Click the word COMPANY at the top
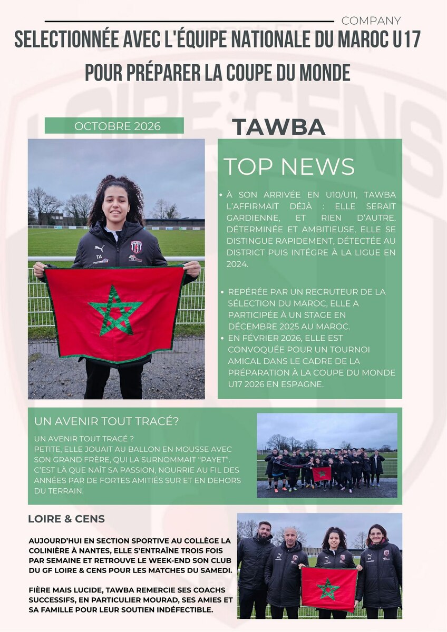point(371,21)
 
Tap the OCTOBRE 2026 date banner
point(114,126)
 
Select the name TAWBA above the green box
point(278,127)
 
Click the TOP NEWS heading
point(289,166)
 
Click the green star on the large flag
point(115,311)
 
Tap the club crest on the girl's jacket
point(136,247)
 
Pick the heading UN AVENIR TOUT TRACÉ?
point(106,422)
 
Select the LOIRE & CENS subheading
point(66,519)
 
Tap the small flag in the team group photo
point(322,473)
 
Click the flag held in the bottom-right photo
point(329,588)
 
